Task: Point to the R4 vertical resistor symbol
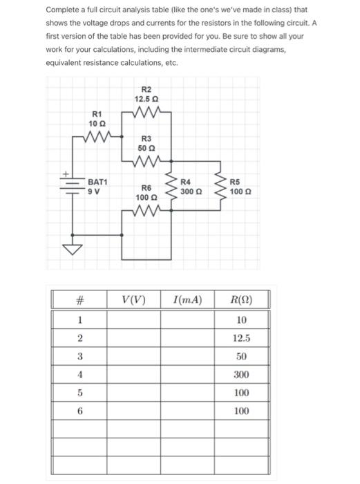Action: point(173,189)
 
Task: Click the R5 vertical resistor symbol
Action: point(222,189)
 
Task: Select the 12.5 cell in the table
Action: point(240,339)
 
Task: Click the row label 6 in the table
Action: point(79,411)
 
